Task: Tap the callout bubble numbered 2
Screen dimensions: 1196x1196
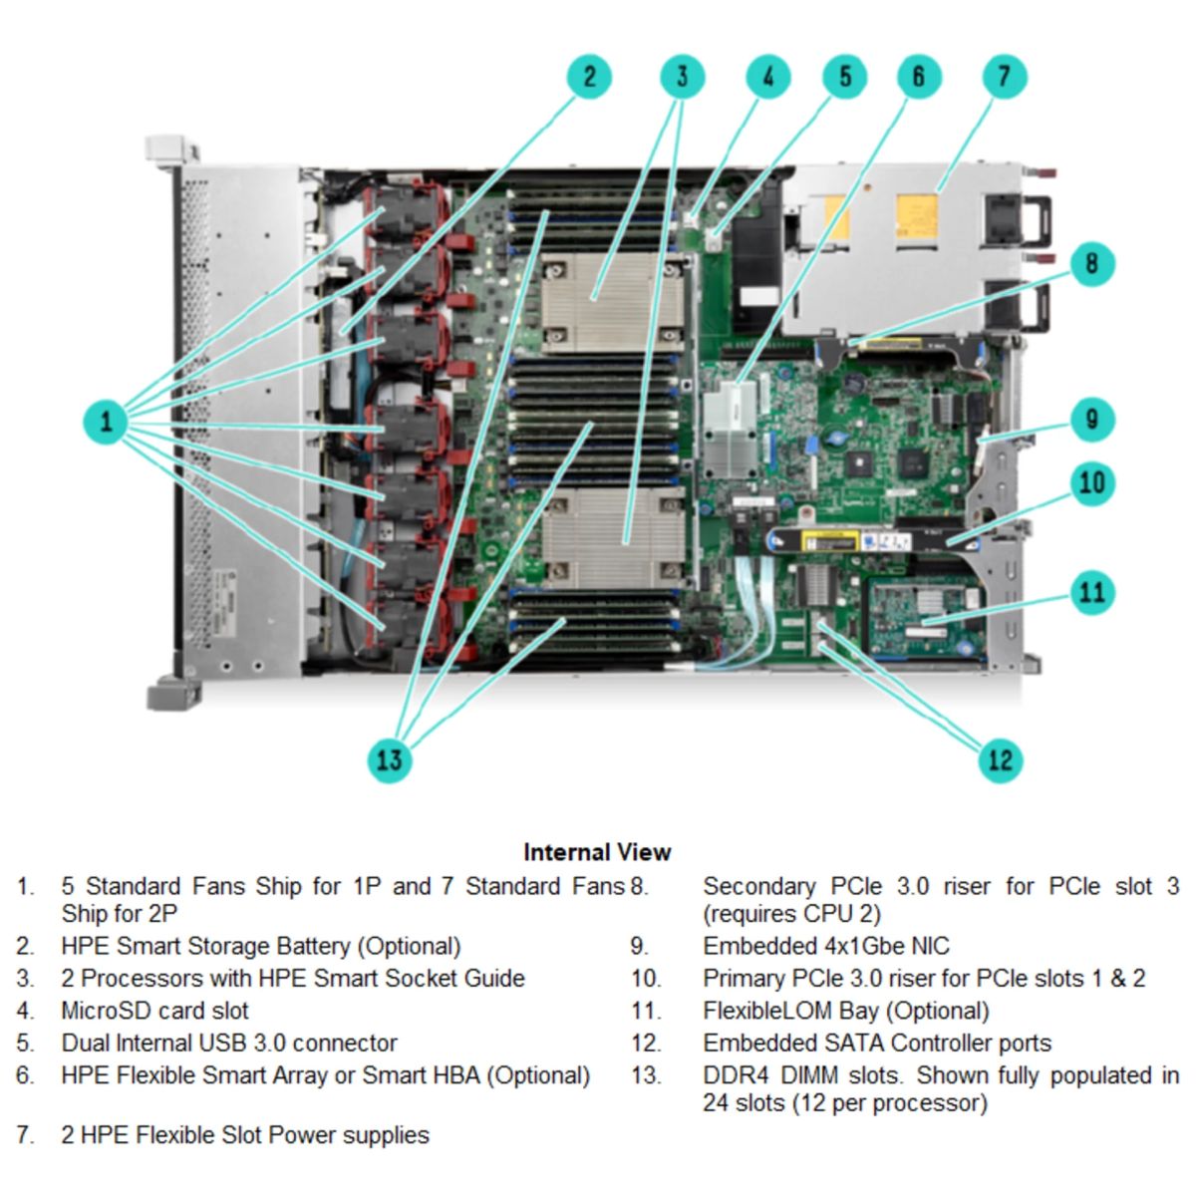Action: tap(589, 77)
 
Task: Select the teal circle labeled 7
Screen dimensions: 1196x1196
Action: tap(1004, 77)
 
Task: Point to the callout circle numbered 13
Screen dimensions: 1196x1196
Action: tap(389, 760)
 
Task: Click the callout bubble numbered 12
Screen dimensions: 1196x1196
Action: tap(1000, 760)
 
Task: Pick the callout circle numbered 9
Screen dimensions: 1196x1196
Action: tap(1092, 420)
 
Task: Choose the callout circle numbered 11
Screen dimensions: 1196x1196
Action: tap(1092, 593)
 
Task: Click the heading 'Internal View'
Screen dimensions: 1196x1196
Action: tap(597, 852)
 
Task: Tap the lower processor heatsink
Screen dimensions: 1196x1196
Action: tap(612, 538)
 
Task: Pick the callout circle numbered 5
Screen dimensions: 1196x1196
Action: tap(844, 77)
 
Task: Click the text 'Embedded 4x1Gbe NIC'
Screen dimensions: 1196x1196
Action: tap(826, 946)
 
